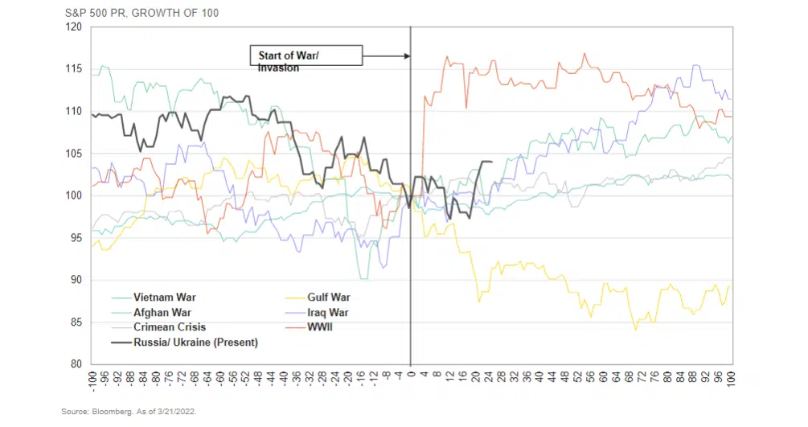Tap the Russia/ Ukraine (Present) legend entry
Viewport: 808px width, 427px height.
coord(195,343)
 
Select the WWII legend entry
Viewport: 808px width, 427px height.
coord(321,327)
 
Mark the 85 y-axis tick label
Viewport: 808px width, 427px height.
coord(76,322)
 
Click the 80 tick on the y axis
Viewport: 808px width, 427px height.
coord(76,363)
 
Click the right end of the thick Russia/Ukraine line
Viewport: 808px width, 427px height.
coord(491,162)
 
